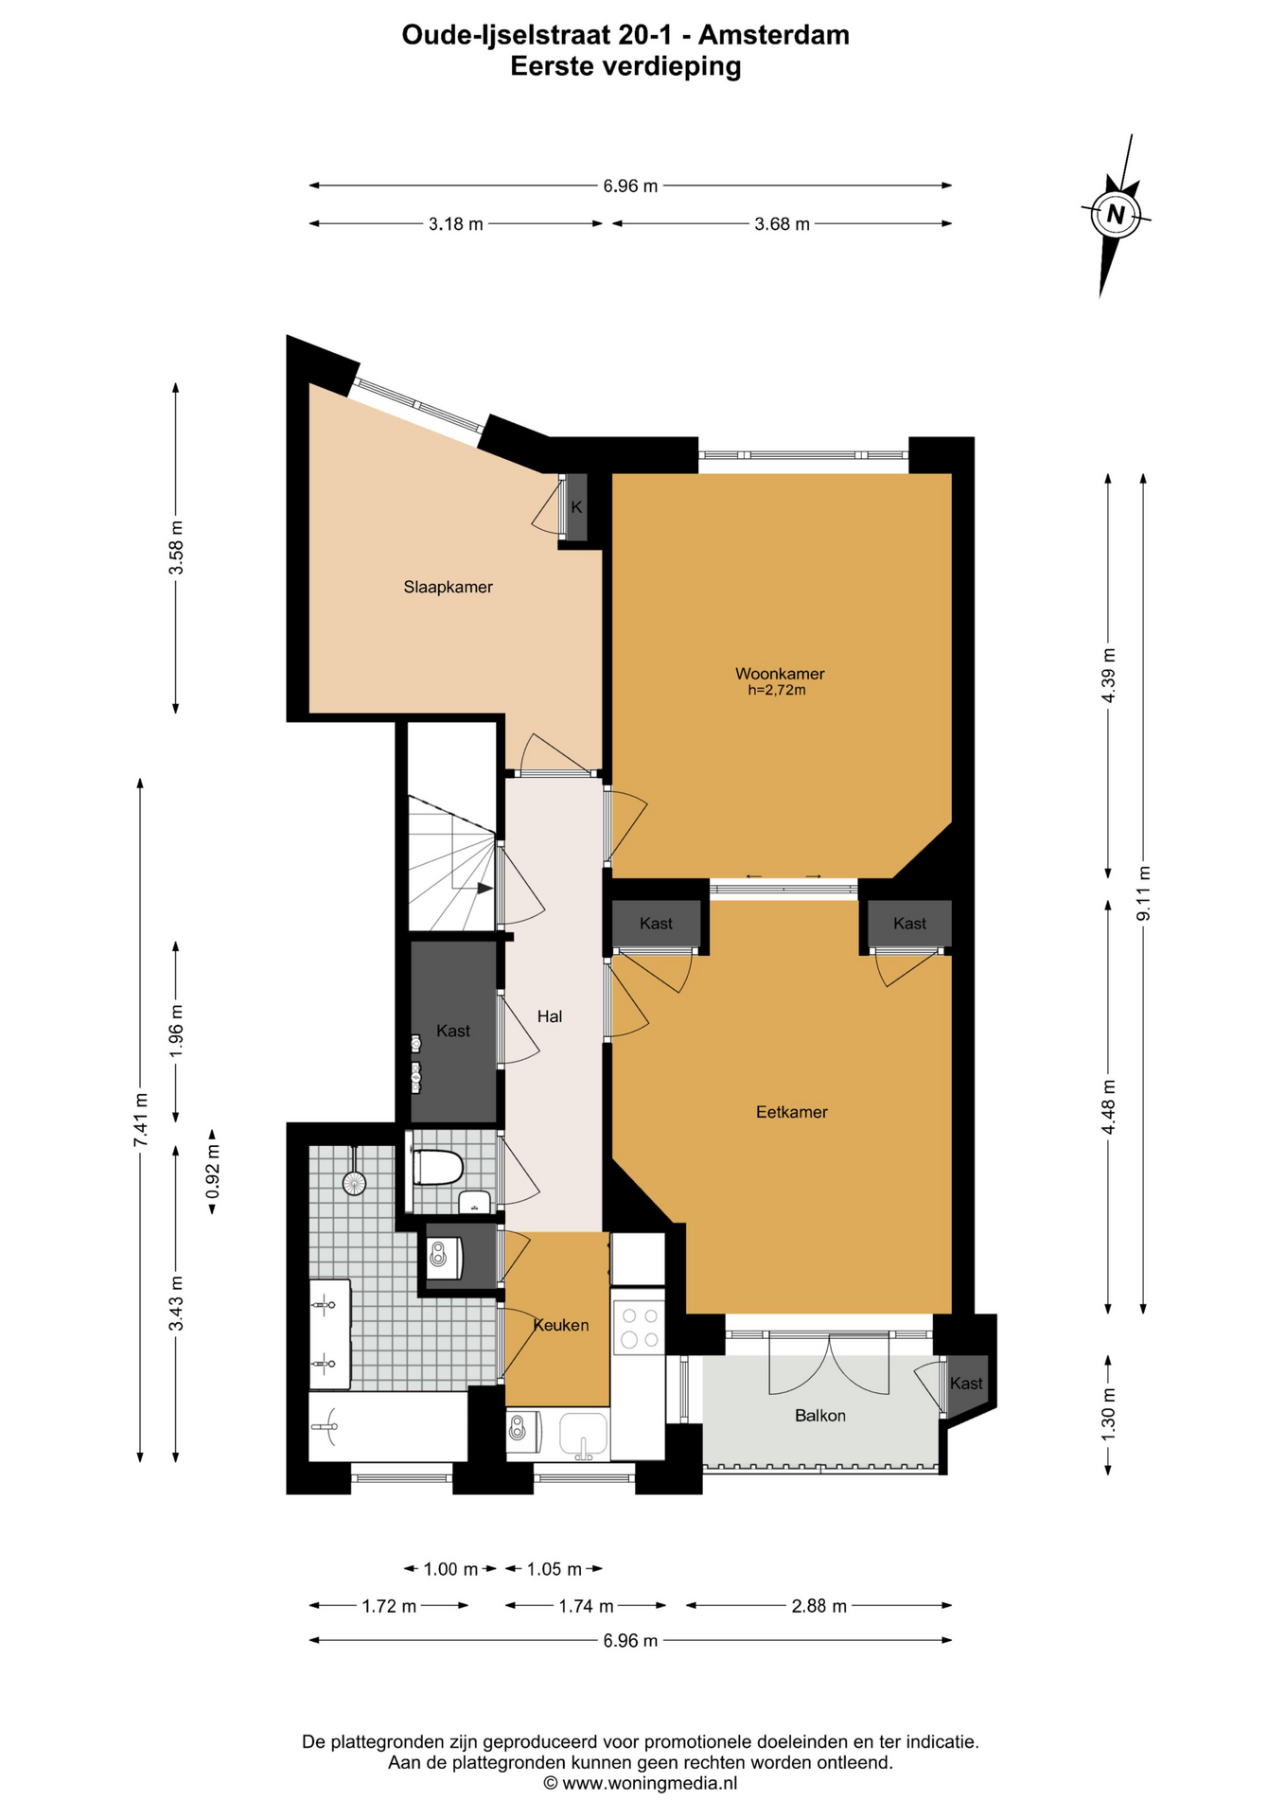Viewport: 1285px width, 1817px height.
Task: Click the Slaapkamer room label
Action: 448,587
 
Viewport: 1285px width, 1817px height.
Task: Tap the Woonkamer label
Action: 780,674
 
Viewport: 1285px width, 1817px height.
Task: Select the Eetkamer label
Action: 791,1112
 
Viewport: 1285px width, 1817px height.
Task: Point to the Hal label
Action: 549,1016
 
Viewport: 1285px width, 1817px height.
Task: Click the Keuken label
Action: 561,1325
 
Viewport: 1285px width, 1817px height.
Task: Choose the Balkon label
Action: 819,1416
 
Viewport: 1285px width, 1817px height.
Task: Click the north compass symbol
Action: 1116,215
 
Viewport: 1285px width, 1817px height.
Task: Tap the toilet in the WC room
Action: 437,1168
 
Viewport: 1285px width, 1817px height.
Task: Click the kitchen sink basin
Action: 583,1433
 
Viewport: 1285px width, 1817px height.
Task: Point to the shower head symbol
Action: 354,1182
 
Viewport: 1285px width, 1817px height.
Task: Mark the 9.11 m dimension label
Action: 1143,893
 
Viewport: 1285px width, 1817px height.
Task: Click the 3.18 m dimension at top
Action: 455,224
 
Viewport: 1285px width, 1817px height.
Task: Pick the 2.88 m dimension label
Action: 819,1605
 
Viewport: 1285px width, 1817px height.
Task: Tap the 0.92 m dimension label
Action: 213,1171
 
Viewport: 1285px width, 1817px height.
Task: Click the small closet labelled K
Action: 575,507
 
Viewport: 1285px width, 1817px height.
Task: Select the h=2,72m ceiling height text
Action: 776,691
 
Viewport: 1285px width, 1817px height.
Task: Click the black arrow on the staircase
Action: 484,888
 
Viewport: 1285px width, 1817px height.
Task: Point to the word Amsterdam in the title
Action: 774,35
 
